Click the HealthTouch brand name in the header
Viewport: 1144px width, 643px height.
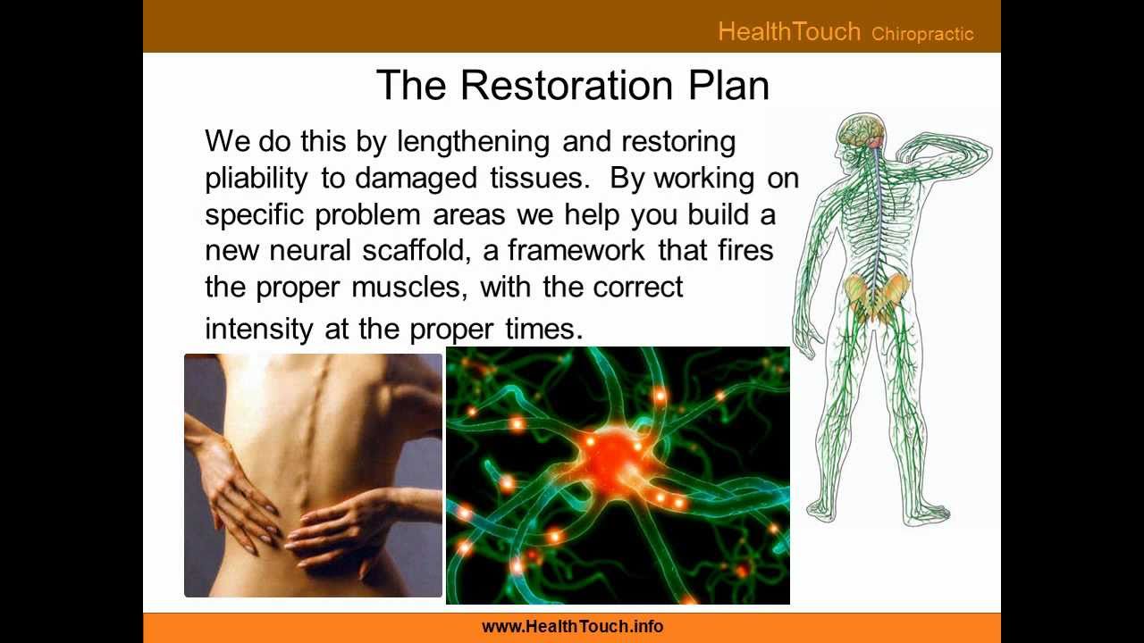click(788, 32)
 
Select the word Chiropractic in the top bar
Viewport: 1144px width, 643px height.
click(922, 35)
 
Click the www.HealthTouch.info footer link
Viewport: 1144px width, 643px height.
click(572, 627)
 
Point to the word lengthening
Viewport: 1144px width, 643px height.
click(473, 142)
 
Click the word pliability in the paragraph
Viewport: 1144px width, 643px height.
click(258, 179)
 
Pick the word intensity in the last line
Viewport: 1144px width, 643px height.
click(259, 330)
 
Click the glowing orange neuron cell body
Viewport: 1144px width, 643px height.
click(614, 450)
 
